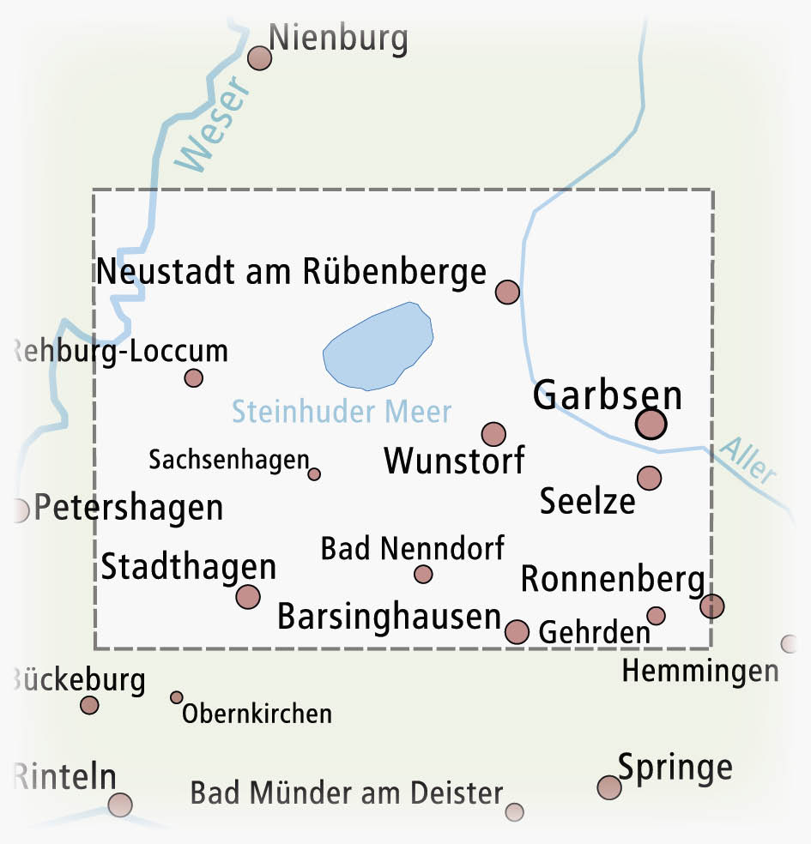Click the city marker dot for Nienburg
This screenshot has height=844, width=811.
pos(259,58)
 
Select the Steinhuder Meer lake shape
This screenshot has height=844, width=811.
pos(378,344)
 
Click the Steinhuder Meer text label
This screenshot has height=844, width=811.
pos(342,412)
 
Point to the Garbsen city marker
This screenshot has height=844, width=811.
pos(651,424)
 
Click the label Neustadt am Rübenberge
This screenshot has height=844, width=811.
pos(292,272)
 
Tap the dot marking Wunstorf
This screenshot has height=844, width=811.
pos(493,434)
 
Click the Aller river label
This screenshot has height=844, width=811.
pos(748,461)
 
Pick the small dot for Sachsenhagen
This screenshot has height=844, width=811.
pos(314,473)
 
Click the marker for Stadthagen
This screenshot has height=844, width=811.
pos(248,596)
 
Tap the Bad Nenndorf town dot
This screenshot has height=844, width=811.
pos(423,574)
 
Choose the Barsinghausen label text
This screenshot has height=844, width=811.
pos(389,618)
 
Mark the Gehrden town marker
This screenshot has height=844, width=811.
pos(656,616)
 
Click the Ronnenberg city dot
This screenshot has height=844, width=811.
pos(711,606)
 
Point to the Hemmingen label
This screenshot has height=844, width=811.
pos(700,672)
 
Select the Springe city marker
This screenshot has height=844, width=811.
pos(608,787)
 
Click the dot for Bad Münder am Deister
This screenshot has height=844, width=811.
pos(514,811)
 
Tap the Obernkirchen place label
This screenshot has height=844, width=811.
pos(257,714)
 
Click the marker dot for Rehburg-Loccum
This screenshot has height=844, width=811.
pos(194,378)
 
